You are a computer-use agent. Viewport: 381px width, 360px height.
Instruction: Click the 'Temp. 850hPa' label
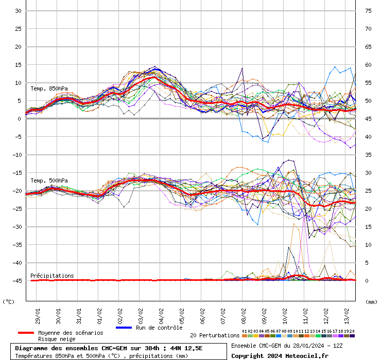[x=49, y=88]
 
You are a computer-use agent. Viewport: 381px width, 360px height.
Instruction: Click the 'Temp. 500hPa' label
[x=49, y=181]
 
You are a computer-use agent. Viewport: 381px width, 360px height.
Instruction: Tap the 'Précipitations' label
[x=52, y=276]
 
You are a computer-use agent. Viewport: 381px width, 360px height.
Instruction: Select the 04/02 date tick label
[x=161, y=313]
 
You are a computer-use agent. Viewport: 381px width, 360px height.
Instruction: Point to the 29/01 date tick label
[x=38, y=313]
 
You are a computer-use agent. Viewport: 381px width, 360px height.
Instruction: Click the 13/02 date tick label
[x=347, y=313]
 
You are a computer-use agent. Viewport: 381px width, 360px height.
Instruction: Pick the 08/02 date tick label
[x=244, y=313]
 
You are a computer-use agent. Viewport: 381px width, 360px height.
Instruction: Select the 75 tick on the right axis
[x=369, y=11]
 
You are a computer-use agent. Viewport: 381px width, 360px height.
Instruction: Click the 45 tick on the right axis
[x=369, y=119]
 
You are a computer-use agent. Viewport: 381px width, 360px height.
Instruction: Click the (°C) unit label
[x=9, y=302]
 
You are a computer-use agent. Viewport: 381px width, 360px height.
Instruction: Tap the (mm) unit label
[x=371, y=302]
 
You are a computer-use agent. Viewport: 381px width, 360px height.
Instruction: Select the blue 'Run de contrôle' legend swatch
[x=124, y=328]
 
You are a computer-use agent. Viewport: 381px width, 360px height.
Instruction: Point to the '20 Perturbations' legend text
[x=215, y=335]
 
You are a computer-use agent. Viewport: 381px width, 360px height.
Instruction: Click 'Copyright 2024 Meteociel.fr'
[x=280, y=355]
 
